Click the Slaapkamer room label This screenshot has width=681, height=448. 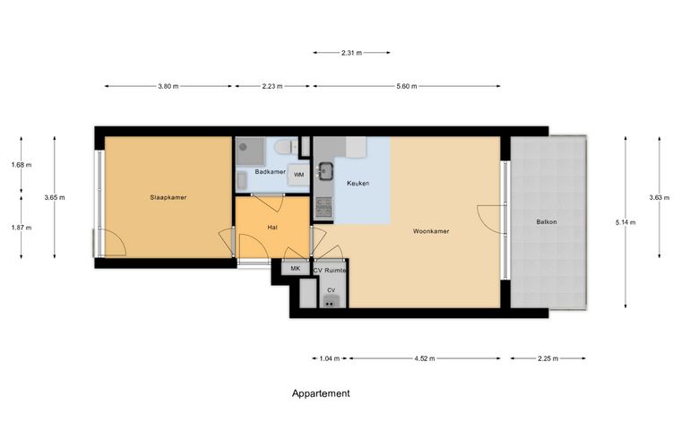(168, 197)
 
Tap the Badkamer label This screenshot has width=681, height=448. (270, 172)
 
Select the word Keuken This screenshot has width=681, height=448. (358, 183)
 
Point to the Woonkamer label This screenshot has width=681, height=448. (431, 231)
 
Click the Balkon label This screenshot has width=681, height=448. (547, 222)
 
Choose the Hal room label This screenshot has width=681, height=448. (272, 227)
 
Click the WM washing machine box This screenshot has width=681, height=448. (298, 175)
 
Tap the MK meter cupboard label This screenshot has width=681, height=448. (296, 269)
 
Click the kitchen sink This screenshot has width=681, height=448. (325, 171)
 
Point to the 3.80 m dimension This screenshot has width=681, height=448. (168, 86)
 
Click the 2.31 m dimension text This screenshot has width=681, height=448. (351, 53)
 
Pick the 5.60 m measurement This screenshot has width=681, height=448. (407, 86)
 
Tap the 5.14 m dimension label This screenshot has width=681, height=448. (625, 223)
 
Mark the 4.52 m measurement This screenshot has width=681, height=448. (425, 358)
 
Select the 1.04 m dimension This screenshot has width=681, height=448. (329, 358)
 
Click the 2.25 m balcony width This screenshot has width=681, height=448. (547, 358)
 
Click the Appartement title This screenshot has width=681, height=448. (321, 393)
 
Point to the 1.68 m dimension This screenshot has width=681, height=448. (22, 165)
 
